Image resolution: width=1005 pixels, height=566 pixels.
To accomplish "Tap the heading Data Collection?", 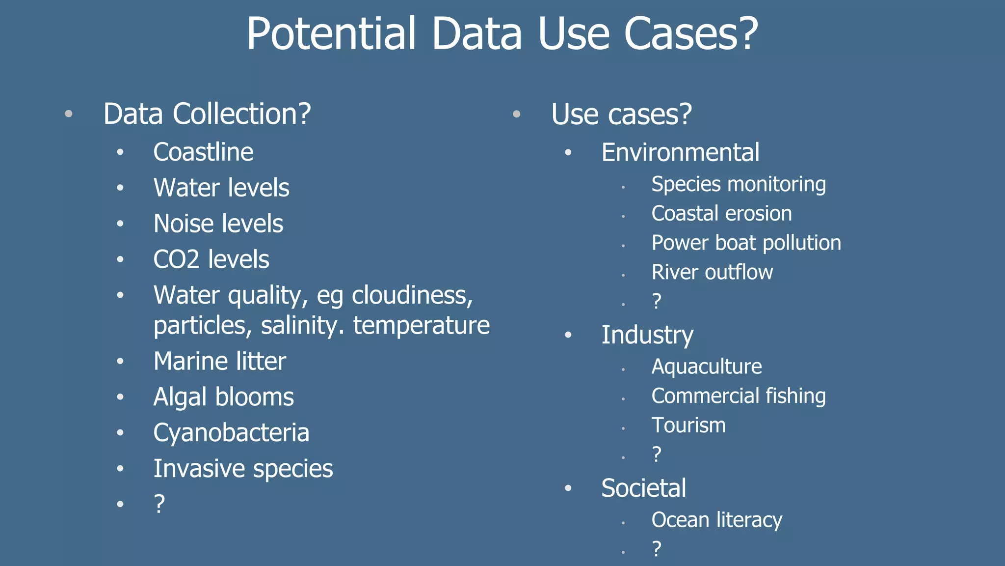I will pos(207,114).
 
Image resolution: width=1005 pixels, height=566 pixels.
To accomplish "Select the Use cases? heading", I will pos(621,114).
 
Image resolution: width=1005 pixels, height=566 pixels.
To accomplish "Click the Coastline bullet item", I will pos(203,152).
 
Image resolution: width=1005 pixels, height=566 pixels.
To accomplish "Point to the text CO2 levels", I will pos(211,259).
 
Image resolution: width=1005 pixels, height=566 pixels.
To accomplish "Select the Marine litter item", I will pos(219,361).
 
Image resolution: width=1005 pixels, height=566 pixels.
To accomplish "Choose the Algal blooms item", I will pos(223,397).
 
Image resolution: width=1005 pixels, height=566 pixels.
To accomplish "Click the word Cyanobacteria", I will pos(231,433).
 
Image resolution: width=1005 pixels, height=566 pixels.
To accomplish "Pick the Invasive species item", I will pos(243,469).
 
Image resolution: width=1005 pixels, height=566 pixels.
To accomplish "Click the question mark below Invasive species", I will pos(159,504).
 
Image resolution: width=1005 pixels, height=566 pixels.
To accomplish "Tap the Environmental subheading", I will pos(680,152).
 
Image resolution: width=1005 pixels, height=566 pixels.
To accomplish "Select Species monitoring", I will pos(739,184).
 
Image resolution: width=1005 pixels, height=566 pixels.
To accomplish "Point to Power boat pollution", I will pos(746,243).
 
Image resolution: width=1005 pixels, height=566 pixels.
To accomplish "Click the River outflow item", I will pos(712,272).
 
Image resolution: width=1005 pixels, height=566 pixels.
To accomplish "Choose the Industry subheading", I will pos(647,335).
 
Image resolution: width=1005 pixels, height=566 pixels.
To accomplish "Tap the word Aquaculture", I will pos(707,367).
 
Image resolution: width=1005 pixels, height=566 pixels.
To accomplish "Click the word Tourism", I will pos(688,425).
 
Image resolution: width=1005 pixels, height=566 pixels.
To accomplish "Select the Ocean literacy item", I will pos(716,520).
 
